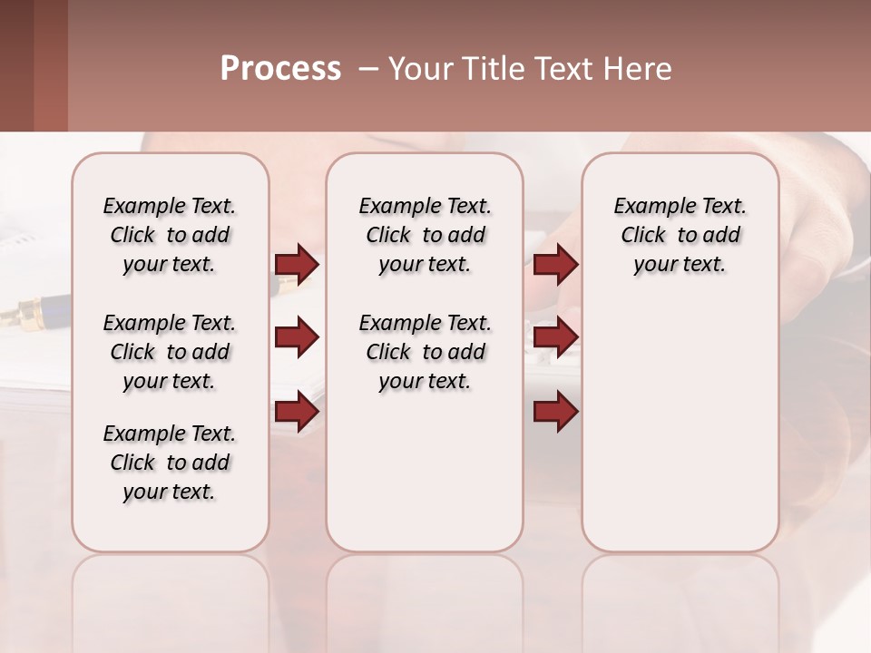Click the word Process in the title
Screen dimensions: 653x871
(280, 69)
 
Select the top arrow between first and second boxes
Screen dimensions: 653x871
(297, 264)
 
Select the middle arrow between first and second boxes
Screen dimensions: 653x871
(297, 337)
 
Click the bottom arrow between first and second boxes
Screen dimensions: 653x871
(297, 412)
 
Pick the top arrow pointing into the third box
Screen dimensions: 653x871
(555, 264)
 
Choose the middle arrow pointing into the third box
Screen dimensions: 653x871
(555, 337)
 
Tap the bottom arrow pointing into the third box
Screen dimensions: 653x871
(555, 412)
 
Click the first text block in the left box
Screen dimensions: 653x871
(170, 235)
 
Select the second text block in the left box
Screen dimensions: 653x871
(170, 352)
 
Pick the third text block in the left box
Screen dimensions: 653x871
(170, 463)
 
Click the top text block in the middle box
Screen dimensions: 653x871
(425, 235)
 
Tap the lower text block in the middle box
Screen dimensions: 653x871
(425, 352)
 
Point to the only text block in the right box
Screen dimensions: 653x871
(680, 235)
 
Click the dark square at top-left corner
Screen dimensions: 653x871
(16, 65)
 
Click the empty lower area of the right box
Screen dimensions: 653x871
(680, 435)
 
